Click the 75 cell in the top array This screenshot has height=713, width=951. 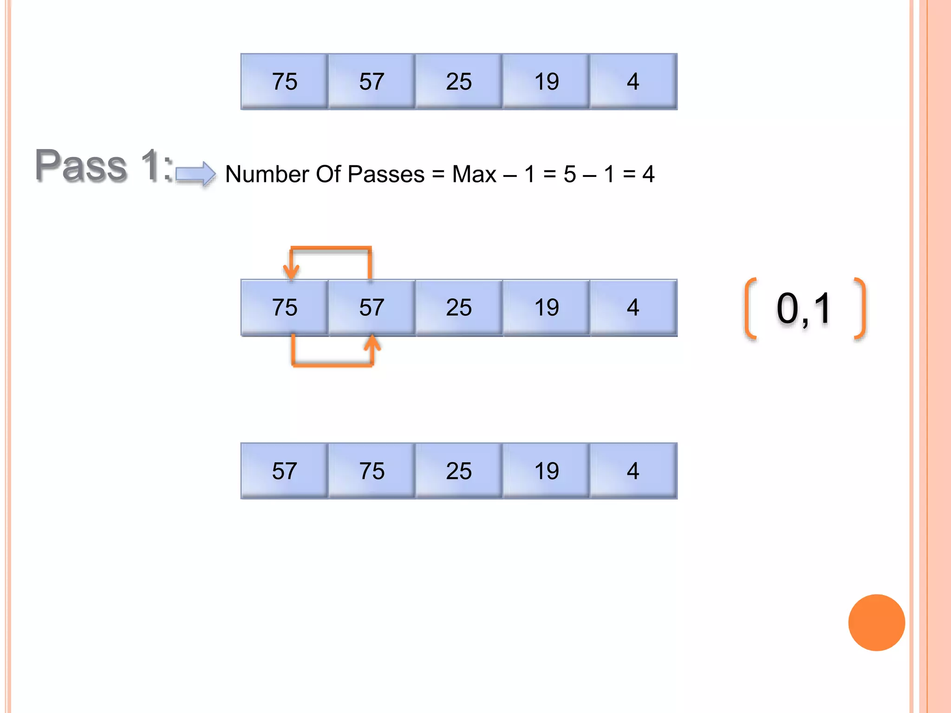tap(284, 82)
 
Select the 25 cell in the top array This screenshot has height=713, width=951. tap(459, 82)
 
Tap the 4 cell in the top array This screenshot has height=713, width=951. tap(633, 82)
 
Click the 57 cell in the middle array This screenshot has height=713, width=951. tap(371, 307)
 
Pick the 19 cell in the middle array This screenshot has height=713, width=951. tap(546, 307)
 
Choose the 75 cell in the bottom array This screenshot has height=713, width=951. tap(371, 471)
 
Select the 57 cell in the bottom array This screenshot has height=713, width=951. tap(284, 471)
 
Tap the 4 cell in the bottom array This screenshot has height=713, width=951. tap(633, 471)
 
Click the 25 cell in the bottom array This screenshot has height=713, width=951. tap(459, 471)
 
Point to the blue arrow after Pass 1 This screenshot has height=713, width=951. tap(195, 174)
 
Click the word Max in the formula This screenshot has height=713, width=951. tap(474, 175)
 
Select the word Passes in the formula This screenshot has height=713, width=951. tap(386, 175)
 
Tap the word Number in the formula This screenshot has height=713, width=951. tap(267, 175)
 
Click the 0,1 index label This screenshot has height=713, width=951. tap(804, 309)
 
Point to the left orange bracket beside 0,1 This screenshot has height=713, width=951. tap(749, 309)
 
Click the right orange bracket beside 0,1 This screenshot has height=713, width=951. tap(860, 309)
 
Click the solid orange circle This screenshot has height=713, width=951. tap(876, 622)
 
